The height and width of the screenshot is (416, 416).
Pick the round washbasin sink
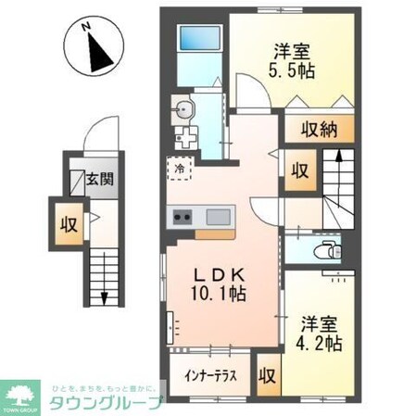(185, 109)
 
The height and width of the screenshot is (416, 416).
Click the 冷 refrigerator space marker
(181, 170)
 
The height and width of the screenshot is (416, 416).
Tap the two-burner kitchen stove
(182, 218)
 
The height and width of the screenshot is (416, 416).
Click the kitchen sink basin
(220, 218)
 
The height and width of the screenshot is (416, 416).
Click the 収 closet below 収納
(298, 170)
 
